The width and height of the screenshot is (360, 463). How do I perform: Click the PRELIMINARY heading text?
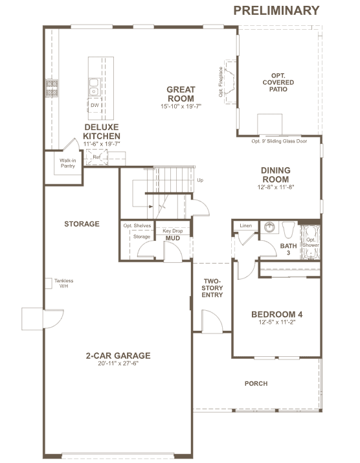(x=276, y=10)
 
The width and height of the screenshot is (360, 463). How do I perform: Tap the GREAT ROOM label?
(x=181, y=94)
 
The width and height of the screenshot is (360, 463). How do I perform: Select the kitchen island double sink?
(x=94, y=87)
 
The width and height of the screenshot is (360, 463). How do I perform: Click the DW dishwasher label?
(x=95, y=105)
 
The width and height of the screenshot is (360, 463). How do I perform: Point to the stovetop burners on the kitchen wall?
(x=52, y=88)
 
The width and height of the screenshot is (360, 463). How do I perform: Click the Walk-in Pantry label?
(x=67, y=163)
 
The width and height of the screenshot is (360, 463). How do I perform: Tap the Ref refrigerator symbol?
(x=96, y=157)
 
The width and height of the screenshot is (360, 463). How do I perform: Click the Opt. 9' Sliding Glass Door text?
(x=279, y=141)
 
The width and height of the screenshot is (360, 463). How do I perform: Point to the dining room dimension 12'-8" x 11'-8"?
(x=276, y=187)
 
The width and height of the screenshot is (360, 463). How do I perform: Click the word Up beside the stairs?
(x=200, y=180)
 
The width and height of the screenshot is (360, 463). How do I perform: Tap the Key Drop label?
(x=172, y=231)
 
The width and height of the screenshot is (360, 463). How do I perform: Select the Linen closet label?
(x=245, y=225)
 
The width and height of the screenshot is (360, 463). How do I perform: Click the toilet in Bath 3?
(x=289, y=230)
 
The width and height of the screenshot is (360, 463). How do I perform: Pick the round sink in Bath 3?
(x=269, y=227)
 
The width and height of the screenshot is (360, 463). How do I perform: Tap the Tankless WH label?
(x=64, y=283)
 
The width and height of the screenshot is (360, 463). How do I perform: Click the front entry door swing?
(x=212, y=322)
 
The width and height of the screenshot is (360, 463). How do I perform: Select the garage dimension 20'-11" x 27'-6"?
(x=118, y=363)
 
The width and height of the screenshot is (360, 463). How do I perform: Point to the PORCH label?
(x=256, y=383)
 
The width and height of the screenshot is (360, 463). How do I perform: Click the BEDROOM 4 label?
(x=276, y=315)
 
